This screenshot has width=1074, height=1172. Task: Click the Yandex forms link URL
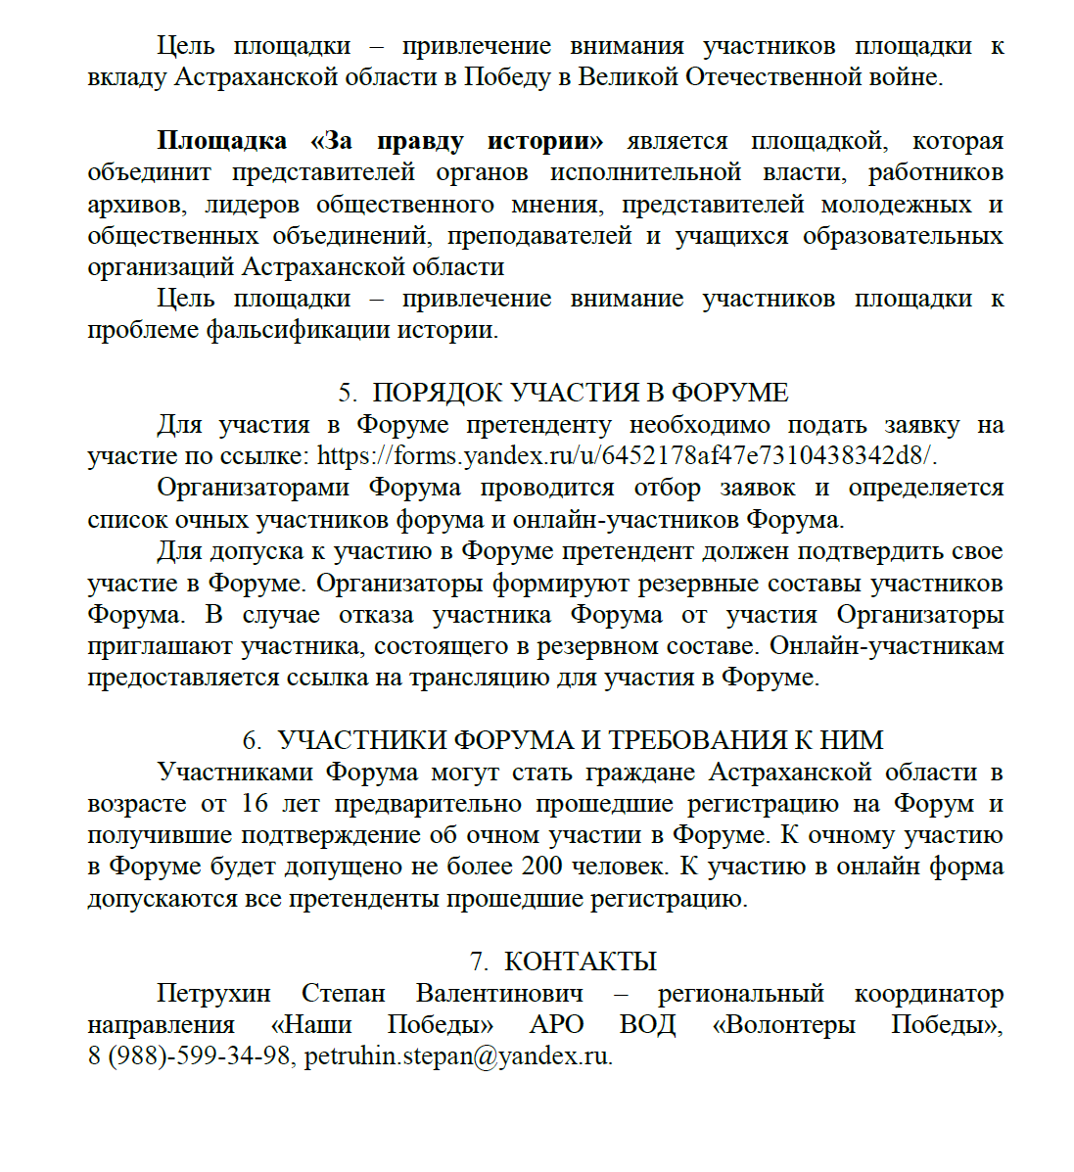627,456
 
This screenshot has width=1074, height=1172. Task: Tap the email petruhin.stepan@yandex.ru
456,1056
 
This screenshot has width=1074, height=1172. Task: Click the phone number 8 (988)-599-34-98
189,1056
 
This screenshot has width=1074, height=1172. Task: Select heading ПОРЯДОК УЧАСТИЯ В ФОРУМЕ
580,393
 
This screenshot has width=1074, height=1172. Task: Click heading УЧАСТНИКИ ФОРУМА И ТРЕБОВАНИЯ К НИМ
580,740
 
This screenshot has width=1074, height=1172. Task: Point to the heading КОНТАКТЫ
580,961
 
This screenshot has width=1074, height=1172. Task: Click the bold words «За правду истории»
456,141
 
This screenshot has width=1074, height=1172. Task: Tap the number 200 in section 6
540,867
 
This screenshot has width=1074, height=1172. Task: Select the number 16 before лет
254,804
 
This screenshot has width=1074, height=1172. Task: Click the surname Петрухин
213,993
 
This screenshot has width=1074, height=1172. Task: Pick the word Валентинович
499,993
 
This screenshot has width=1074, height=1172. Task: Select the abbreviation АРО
556,1025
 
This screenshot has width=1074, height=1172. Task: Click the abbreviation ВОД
647,1025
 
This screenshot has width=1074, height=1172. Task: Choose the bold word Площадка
221,141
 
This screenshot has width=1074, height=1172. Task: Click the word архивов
136,205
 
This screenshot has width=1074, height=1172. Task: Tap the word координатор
928,993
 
